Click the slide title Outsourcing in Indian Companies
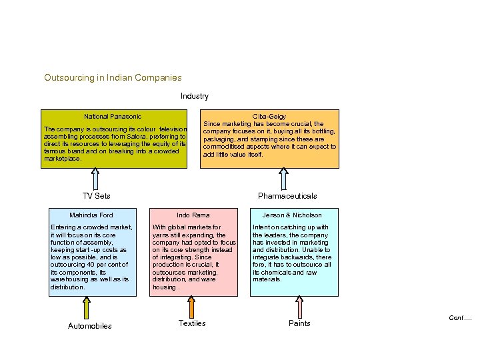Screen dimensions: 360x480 point(113,78)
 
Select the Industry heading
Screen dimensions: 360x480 point(195,96)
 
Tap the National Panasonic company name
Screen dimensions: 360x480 point(113,116)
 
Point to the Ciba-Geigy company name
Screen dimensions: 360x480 point(269,116)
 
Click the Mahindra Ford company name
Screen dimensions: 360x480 point(91,215)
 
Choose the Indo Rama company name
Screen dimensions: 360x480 point(193,215)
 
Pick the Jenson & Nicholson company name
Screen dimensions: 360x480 point(292,215)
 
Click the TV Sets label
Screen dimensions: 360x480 point(96,196)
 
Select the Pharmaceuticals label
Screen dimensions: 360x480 point(287,196)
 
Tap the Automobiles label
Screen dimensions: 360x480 point(90,326)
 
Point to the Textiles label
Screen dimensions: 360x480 point(192,323)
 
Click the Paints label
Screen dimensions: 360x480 point(299,323)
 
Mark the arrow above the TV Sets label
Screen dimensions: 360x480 point(95,179)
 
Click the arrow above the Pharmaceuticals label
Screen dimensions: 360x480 point(284,179)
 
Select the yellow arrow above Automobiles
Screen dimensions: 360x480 point(87,307)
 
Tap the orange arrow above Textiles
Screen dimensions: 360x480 point(191,306)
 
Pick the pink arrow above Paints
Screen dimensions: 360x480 point(299,306)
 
